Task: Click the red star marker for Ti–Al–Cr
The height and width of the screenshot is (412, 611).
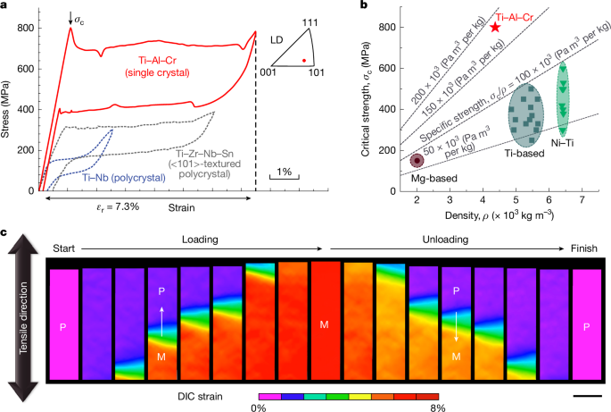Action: coord(495,28)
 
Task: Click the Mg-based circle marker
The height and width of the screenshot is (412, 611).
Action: coord(417,161)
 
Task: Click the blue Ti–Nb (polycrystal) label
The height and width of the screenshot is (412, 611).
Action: coord(116,179)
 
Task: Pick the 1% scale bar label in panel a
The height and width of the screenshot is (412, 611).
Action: coord(285,171)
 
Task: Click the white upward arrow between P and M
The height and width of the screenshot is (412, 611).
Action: coord(162,315)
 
